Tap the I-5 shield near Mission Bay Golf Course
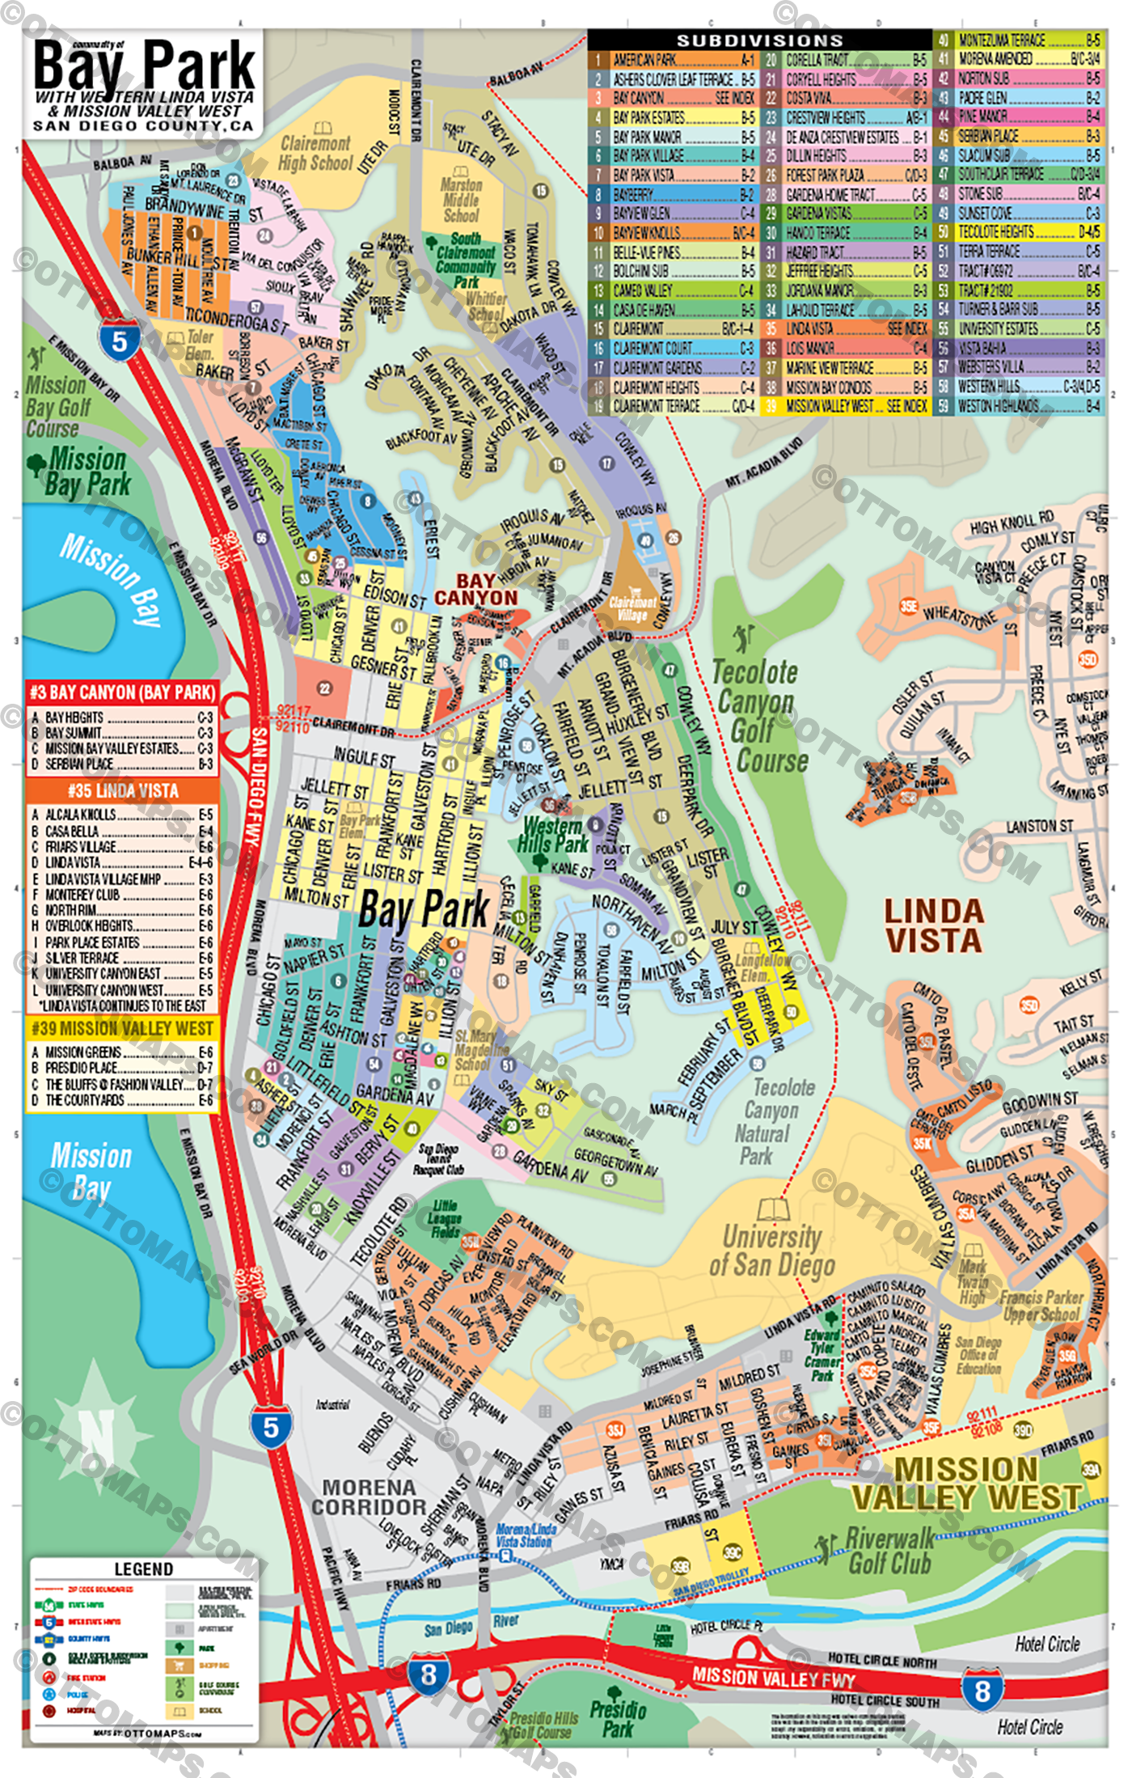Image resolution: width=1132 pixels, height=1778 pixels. (119, 341)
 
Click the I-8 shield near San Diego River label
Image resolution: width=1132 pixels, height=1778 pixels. (428, 1673)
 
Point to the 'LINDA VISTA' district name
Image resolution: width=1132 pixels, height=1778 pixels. (933, 926)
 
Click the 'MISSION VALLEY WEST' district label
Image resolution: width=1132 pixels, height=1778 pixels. (965, 1484)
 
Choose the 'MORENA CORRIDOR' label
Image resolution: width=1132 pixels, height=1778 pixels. (369, 1497)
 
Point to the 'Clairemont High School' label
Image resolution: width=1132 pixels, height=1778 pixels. (315, 153)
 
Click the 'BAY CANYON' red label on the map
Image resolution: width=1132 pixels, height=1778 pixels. (475, 589)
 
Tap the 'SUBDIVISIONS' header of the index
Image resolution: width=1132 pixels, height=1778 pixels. (759, 40)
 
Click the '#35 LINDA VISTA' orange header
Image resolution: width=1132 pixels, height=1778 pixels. (123, 790)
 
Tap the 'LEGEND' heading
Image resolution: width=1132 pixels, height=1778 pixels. (143, 1568)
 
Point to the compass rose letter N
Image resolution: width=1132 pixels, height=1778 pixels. (95, 1437)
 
